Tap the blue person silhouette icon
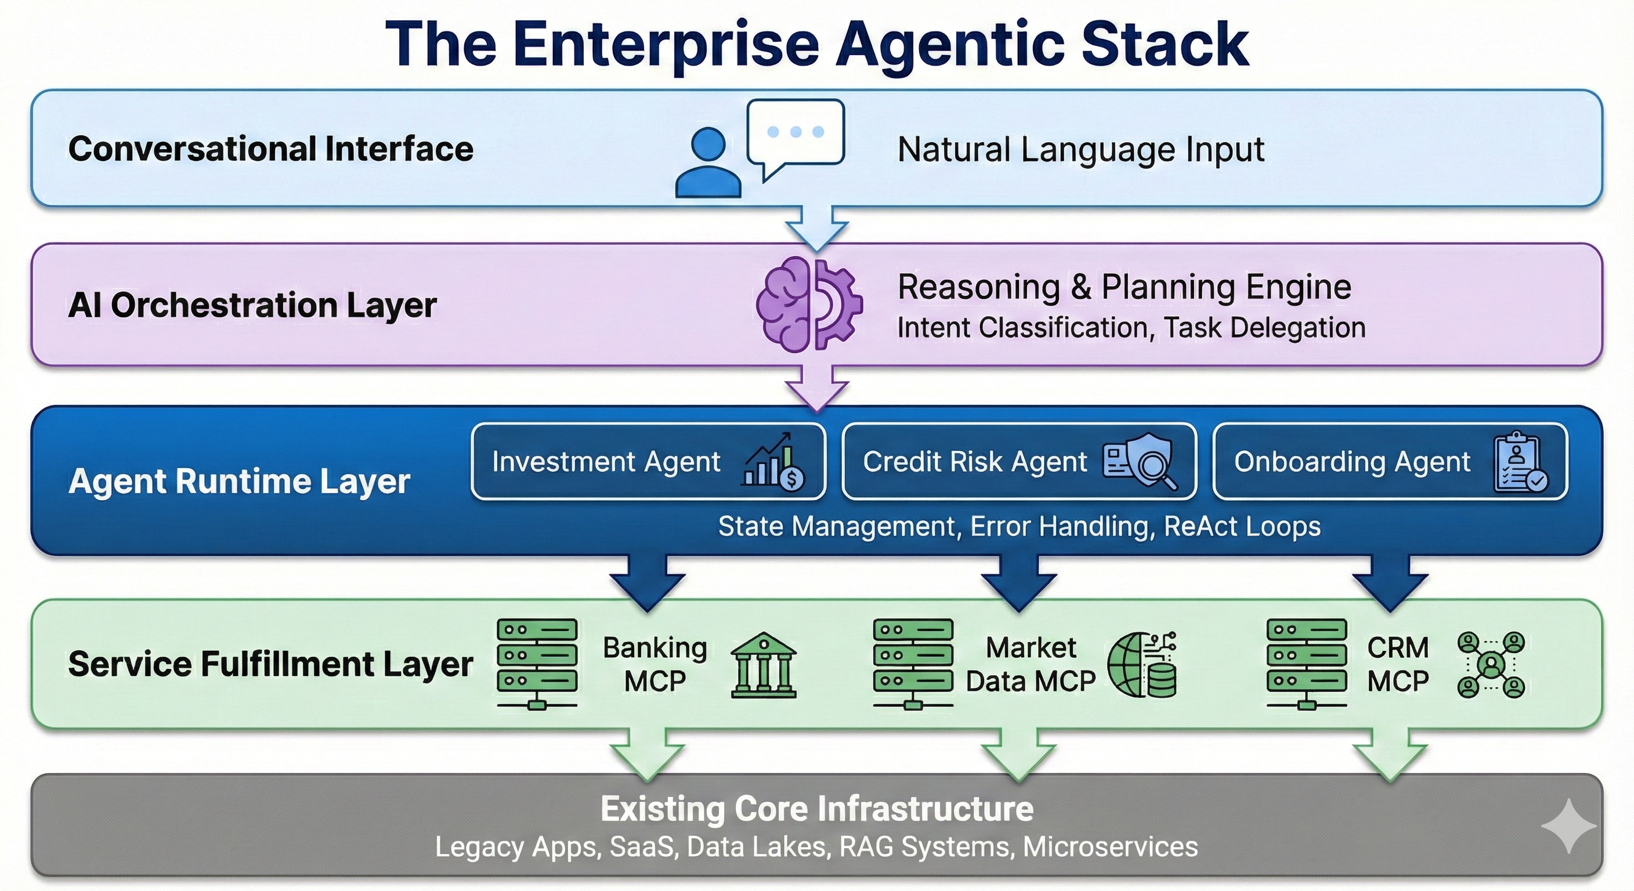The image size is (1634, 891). click(x=708, y=163)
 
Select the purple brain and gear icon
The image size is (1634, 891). click(x=809, y=305)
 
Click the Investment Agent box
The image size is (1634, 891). click(x=648, y=462)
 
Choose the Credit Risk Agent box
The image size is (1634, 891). click(x=1019, y=462)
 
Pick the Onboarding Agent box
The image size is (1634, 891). click(x=1390, y=462)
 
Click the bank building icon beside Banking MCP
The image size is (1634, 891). click(x=764, y=665)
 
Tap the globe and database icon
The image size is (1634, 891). click(x=1142, y=665)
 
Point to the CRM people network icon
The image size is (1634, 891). click(x=1491, y=665)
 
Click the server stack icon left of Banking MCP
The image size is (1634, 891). click(x=537, y=664)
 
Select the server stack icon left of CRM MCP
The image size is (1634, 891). click(x=1307, y=664)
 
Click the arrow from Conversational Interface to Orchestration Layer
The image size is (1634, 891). click(x=817, y=227)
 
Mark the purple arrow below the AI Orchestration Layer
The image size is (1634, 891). click(x=817, y=387)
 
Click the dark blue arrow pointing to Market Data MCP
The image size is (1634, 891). click(x=1019, y=580)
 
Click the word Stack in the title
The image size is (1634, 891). click(x=1165, y=45)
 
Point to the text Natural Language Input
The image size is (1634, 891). click(x=1081, y=150)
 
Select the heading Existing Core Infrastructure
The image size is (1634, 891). click(x=817, y=809)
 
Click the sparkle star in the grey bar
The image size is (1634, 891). click(x=1568, y=825)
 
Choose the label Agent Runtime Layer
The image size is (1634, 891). click(x=239, y=481)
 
